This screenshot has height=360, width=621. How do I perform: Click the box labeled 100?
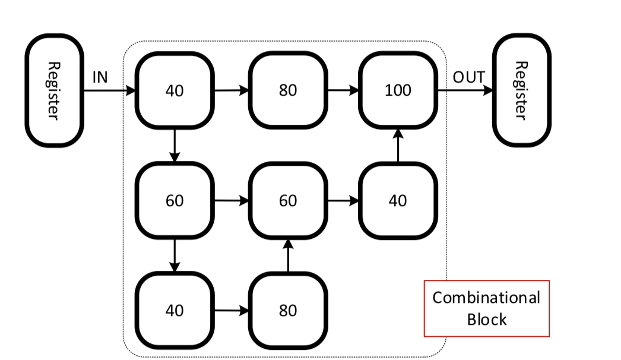pyautogui.click(x=397, y=91)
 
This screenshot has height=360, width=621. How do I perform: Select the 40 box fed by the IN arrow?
pyautogui.click(x=174, y=91)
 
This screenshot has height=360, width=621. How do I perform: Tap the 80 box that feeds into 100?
pyautogui.click(x=287, y=91)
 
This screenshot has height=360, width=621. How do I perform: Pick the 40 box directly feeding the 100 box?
pyautogui.click(x=397, y=201)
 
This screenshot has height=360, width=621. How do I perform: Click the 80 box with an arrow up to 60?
pyautogui.click(x=287, y=310)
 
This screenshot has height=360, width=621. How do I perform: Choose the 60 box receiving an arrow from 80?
pyautogui.click(x=287, y=201)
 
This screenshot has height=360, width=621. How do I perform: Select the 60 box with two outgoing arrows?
pyautogui.click(x=174, y=201)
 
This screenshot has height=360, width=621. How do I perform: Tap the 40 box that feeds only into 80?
pyautogui.click(x=174, y=310)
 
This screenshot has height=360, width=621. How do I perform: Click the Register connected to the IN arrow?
pyautogui.click(x=53, y=90)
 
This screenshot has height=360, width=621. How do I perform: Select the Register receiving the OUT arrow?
pyautogui.click(x=521, y=90)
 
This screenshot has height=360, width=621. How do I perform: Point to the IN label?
pyautogui.click(x=100, y=78)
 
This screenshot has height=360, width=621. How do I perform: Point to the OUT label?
pyautogui.click(x=468, y=78)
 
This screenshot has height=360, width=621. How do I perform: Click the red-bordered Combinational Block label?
pyautogui.click(x=486, y=308)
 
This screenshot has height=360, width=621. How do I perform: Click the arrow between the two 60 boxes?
pyautogui.click(x=231, y=201)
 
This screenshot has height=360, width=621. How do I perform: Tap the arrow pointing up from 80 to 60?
pyautogui.click(x=287, y=255)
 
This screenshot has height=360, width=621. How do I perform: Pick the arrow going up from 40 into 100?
pyautogui.click(x=397, y=146)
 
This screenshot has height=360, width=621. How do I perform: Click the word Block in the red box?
pyautogui.click(x=486, y=320)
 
